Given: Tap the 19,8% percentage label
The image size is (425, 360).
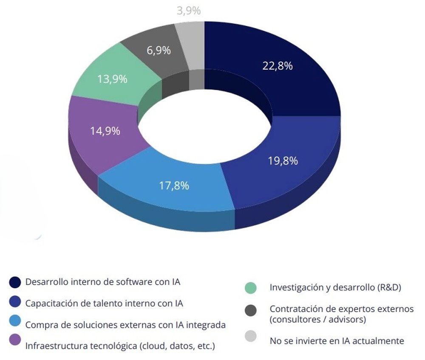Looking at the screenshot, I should (x=283, y=161).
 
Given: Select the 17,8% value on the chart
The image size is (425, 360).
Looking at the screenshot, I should (x=174, y=186).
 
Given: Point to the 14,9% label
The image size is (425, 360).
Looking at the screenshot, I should (x=105, y=131).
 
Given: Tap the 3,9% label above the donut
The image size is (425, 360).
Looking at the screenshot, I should (x=188, y=11).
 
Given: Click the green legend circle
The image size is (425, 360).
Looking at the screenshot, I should (x=251, y=287).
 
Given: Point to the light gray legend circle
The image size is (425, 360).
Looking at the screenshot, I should (x=251, y=336).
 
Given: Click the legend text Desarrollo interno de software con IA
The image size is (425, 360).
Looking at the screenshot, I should (x=105, y=281).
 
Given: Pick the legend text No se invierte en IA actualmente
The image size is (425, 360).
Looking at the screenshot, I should (x=337, y=340).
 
